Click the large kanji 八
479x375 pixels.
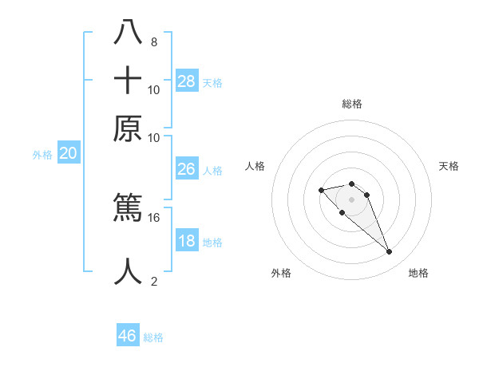[x=128, y=32]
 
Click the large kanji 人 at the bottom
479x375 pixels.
[x=128, y=272]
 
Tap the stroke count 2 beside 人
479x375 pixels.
[x=153, y=281]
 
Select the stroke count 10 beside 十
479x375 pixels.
[x=154, y=89]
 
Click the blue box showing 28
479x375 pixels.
[x=187, y=81]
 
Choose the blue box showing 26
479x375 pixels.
[x=186, y=169]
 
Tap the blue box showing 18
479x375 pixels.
[x=187, y=241]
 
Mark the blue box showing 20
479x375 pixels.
[x=68, y=154]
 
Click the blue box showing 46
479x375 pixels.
[x=128, y=336]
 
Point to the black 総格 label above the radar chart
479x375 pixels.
[x=351, y=104]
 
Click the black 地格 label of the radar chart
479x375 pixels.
[x=418, y=273]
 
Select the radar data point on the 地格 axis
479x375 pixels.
[x=389, y=252]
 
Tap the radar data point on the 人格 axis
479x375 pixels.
[x=321, y=190]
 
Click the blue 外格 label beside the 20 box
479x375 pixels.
[x=42, y=155]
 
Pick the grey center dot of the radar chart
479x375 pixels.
[x=351, y=199]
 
